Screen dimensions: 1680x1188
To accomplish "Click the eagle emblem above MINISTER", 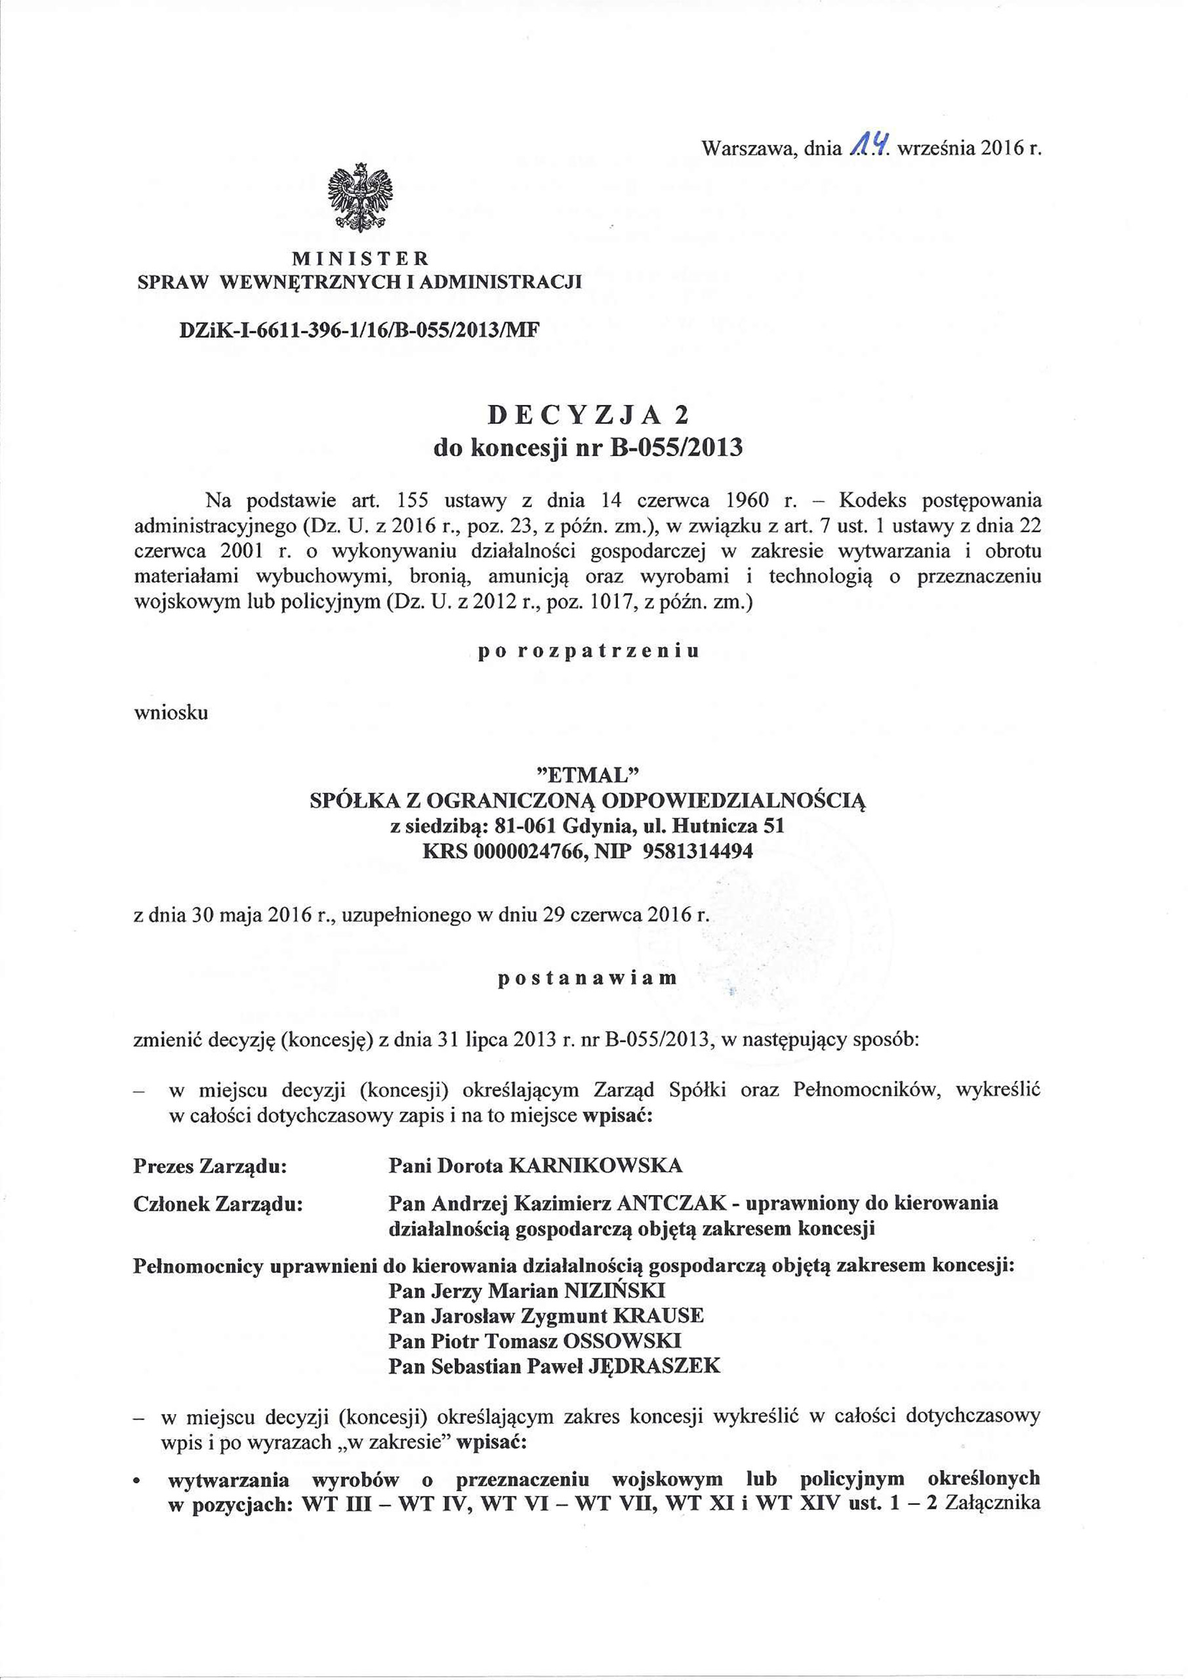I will coord(360,198).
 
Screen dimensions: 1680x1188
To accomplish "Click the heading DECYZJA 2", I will coord(588,415).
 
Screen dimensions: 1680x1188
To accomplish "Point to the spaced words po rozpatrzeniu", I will coord(588,651).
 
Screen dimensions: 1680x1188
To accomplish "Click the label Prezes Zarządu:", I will coord(209,1165).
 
